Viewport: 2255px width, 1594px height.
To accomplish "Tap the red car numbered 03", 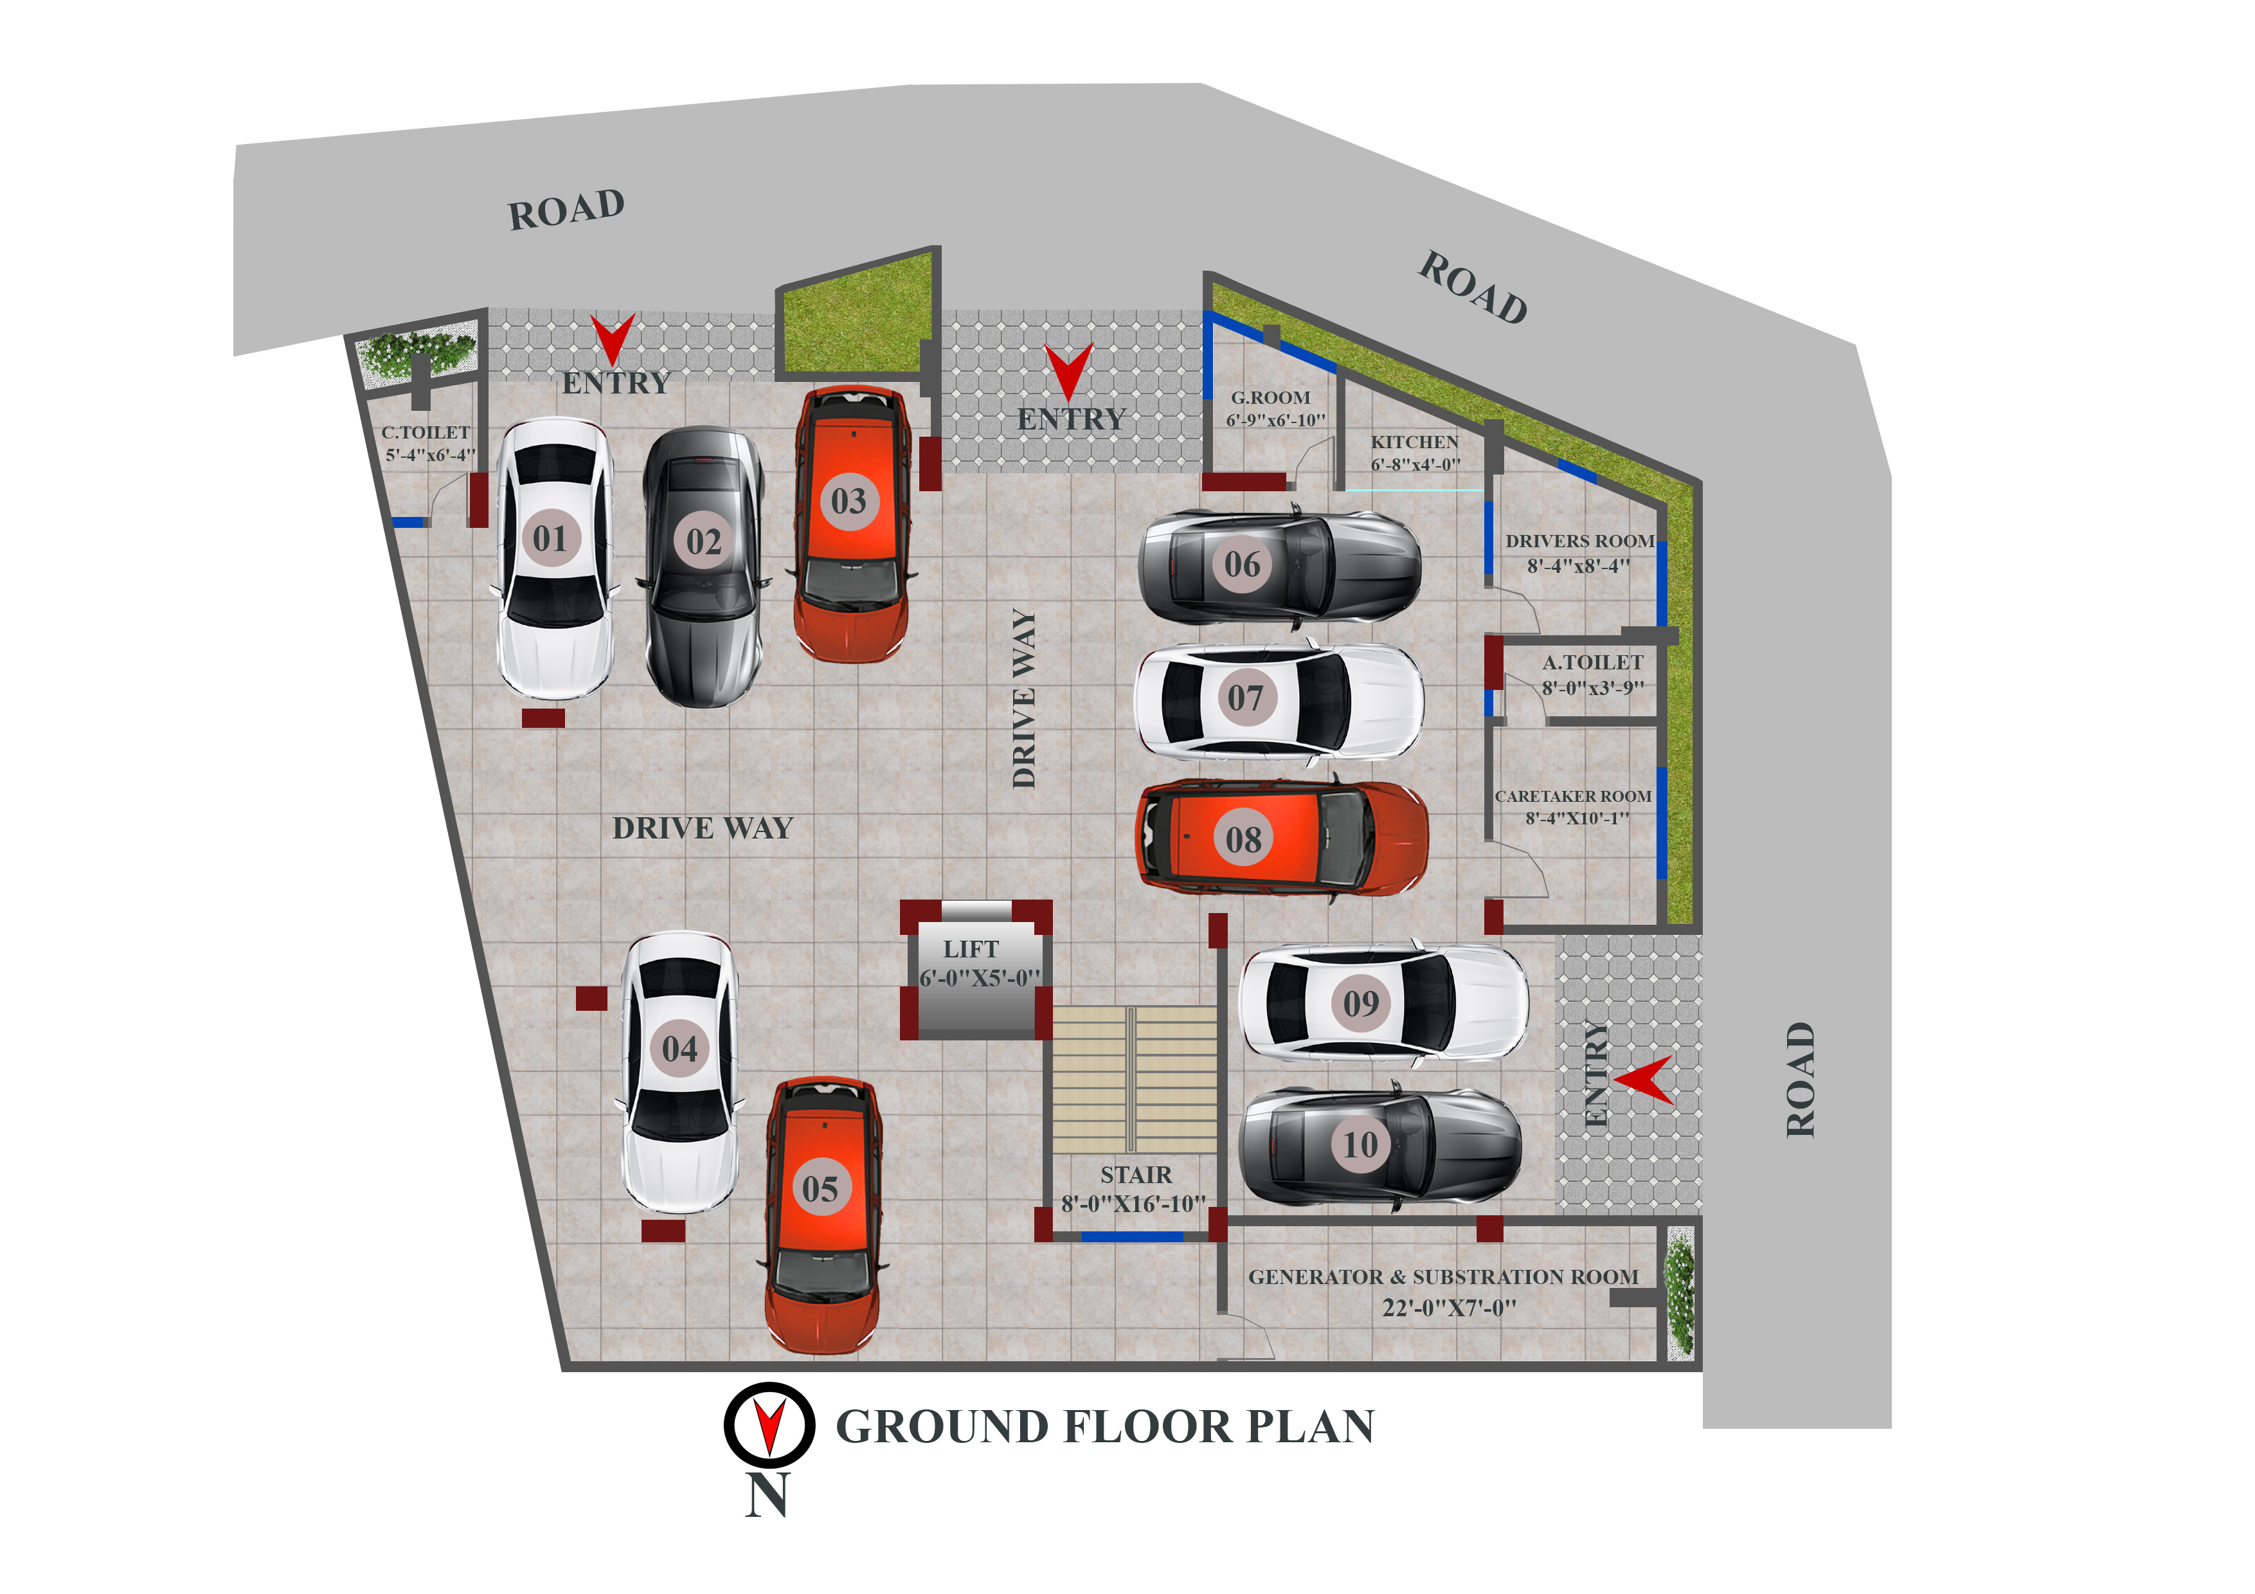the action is (x=850, y=523).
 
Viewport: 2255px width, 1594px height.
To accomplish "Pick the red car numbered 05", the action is (x=823, y=1216).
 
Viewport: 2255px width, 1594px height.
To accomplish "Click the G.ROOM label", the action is (x=1271, y=398).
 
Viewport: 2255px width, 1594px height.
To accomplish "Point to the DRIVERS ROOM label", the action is (x=1579, y=541).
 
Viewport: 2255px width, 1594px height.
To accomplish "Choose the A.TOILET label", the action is (x=1592, y=663).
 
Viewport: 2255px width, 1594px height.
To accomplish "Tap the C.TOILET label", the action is (x=426, y=432).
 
